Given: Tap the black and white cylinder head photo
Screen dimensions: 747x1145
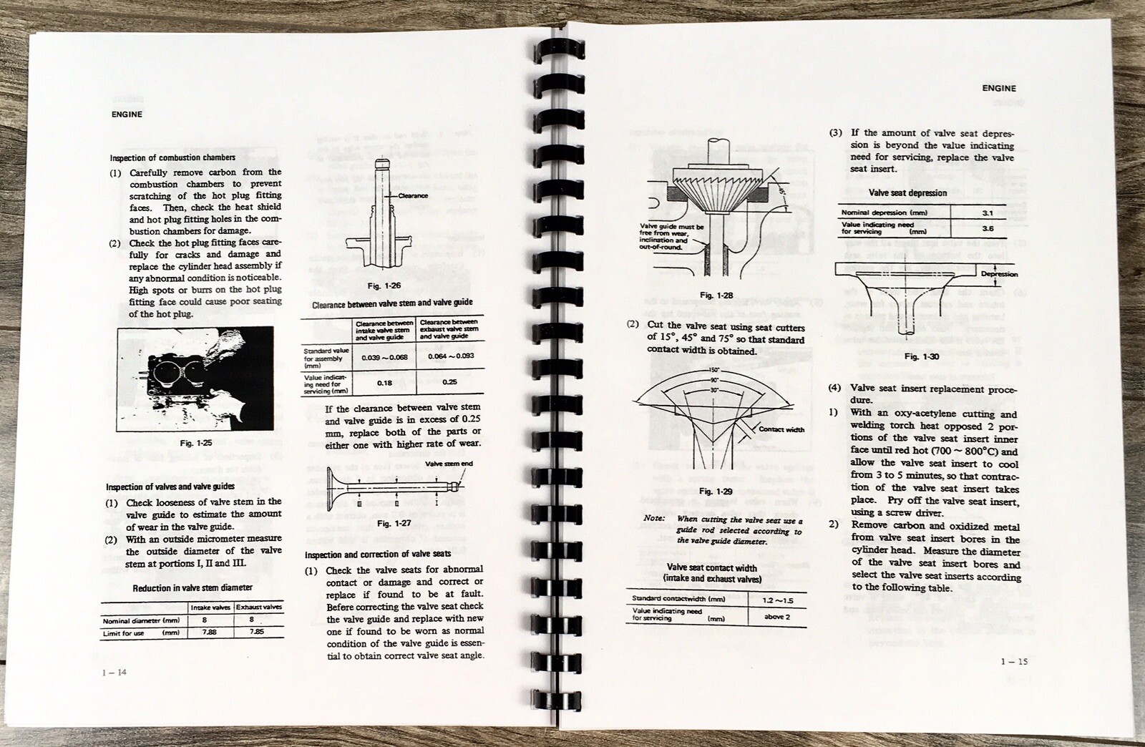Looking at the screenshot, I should pyautogui.click(x=195, y=377).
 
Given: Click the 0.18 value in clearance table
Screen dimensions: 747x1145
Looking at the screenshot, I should pyautogui.click(x=384, y=382).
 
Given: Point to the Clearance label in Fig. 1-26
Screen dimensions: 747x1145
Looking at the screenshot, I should pyautogui.click(x=412, y=195).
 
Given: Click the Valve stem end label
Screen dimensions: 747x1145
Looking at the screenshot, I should pyautogui.click(x=449, y=464).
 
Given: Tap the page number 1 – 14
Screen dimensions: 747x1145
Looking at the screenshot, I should pyautogui.click(x=115, y=672).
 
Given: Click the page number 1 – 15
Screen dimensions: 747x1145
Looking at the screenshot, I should pyautogui.click(x=1013, y=661).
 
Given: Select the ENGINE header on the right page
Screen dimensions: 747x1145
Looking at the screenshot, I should pyautogui.click(x=998, y=88).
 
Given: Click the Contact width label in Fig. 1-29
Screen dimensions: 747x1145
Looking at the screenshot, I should pyautogui.click(x=781, y=429).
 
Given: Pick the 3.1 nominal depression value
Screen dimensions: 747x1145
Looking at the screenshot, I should pyautogui.click(x=988, y=213).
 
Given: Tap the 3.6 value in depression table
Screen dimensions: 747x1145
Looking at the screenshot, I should pyautogui.click(x=988, y=228).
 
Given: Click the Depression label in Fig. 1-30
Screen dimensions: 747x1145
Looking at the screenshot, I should pyautogui.click(x=999, y=274).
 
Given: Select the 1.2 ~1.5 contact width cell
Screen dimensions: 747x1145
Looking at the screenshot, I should pyautogui.click(x=777, y=599).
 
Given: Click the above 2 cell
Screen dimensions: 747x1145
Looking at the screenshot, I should pyautogui.click(x=777, y=615).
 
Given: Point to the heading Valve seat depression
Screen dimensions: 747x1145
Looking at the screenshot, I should pyautogui.click(x=907, y=192).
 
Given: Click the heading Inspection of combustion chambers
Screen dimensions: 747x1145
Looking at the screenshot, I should pyautogui.click(x=172, y=157).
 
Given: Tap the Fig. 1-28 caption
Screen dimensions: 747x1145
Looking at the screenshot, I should pyautogui.click(x=716, y=295).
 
